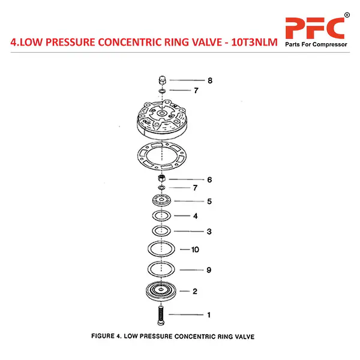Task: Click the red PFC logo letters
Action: (x=314, y=29)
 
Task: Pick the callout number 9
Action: (x=209, y=270)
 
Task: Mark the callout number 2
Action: (x=194, y=292)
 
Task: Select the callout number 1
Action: (x=209, y=314)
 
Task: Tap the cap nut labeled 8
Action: (x=161, y=80)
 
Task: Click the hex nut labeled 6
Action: (x=161, y=179)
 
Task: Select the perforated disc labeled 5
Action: (x=161, y=201)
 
